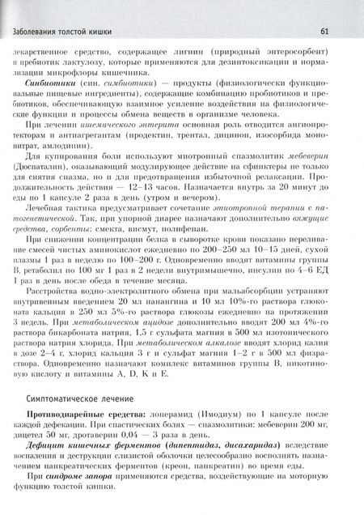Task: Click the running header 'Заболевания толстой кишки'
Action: [x=57, y=32]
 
